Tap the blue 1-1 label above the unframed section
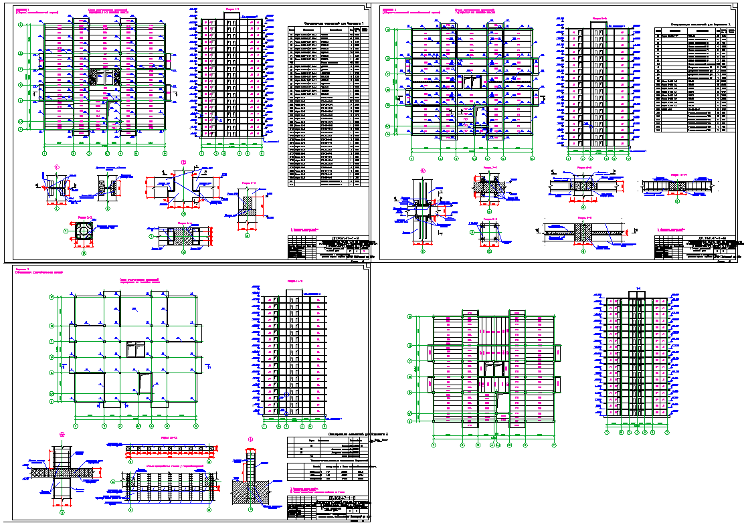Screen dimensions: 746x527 coord(638,288)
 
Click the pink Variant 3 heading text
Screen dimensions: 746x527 coord(30,270)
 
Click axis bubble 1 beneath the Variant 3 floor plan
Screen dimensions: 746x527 coord(76,426)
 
